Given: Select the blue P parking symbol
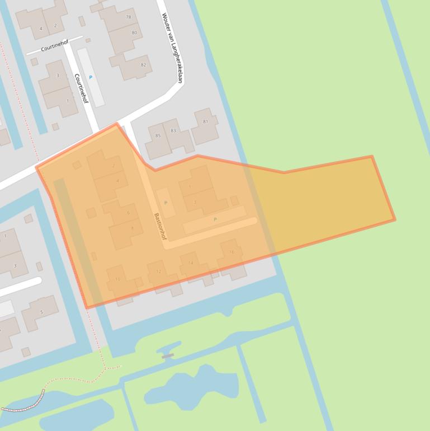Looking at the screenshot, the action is (x=91, y=77).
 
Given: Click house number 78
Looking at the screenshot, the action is (x=129, y=17).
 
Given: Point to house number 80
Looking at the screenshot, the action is (x=134, y=32).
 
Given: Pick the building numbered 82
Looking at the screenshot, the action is (x=143, y=65).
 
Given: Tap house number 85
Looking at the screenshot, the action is (x=158, y=135).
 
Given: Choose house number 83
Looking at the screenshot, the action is (x=173, y=131).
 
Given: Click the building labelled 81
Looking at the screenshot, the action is (x=205, y=121).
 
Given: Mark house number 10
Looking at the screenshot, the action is (x=117, y=279).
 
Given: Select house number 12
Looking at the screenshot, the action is (x=159, y=271).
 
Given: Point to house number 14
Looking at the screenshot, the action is (x=190, y=263).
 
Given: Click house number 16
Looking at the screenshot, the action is (x=231, y=252).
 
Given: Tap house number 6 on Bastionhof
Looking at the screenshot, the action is (x=128, y=213).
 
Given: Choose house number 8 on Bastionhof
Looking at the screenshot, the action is (x=132, y=228).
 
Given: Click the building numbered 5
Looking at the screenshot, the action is (x=41, y=312).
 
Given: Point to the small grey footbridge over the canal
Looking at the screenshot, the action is (x=167, y=355).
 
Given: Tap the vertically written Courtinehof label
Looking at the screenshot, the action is (x=82, y=88).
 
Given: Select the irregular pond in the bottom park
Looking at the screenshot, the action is (x=190, y=386).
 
